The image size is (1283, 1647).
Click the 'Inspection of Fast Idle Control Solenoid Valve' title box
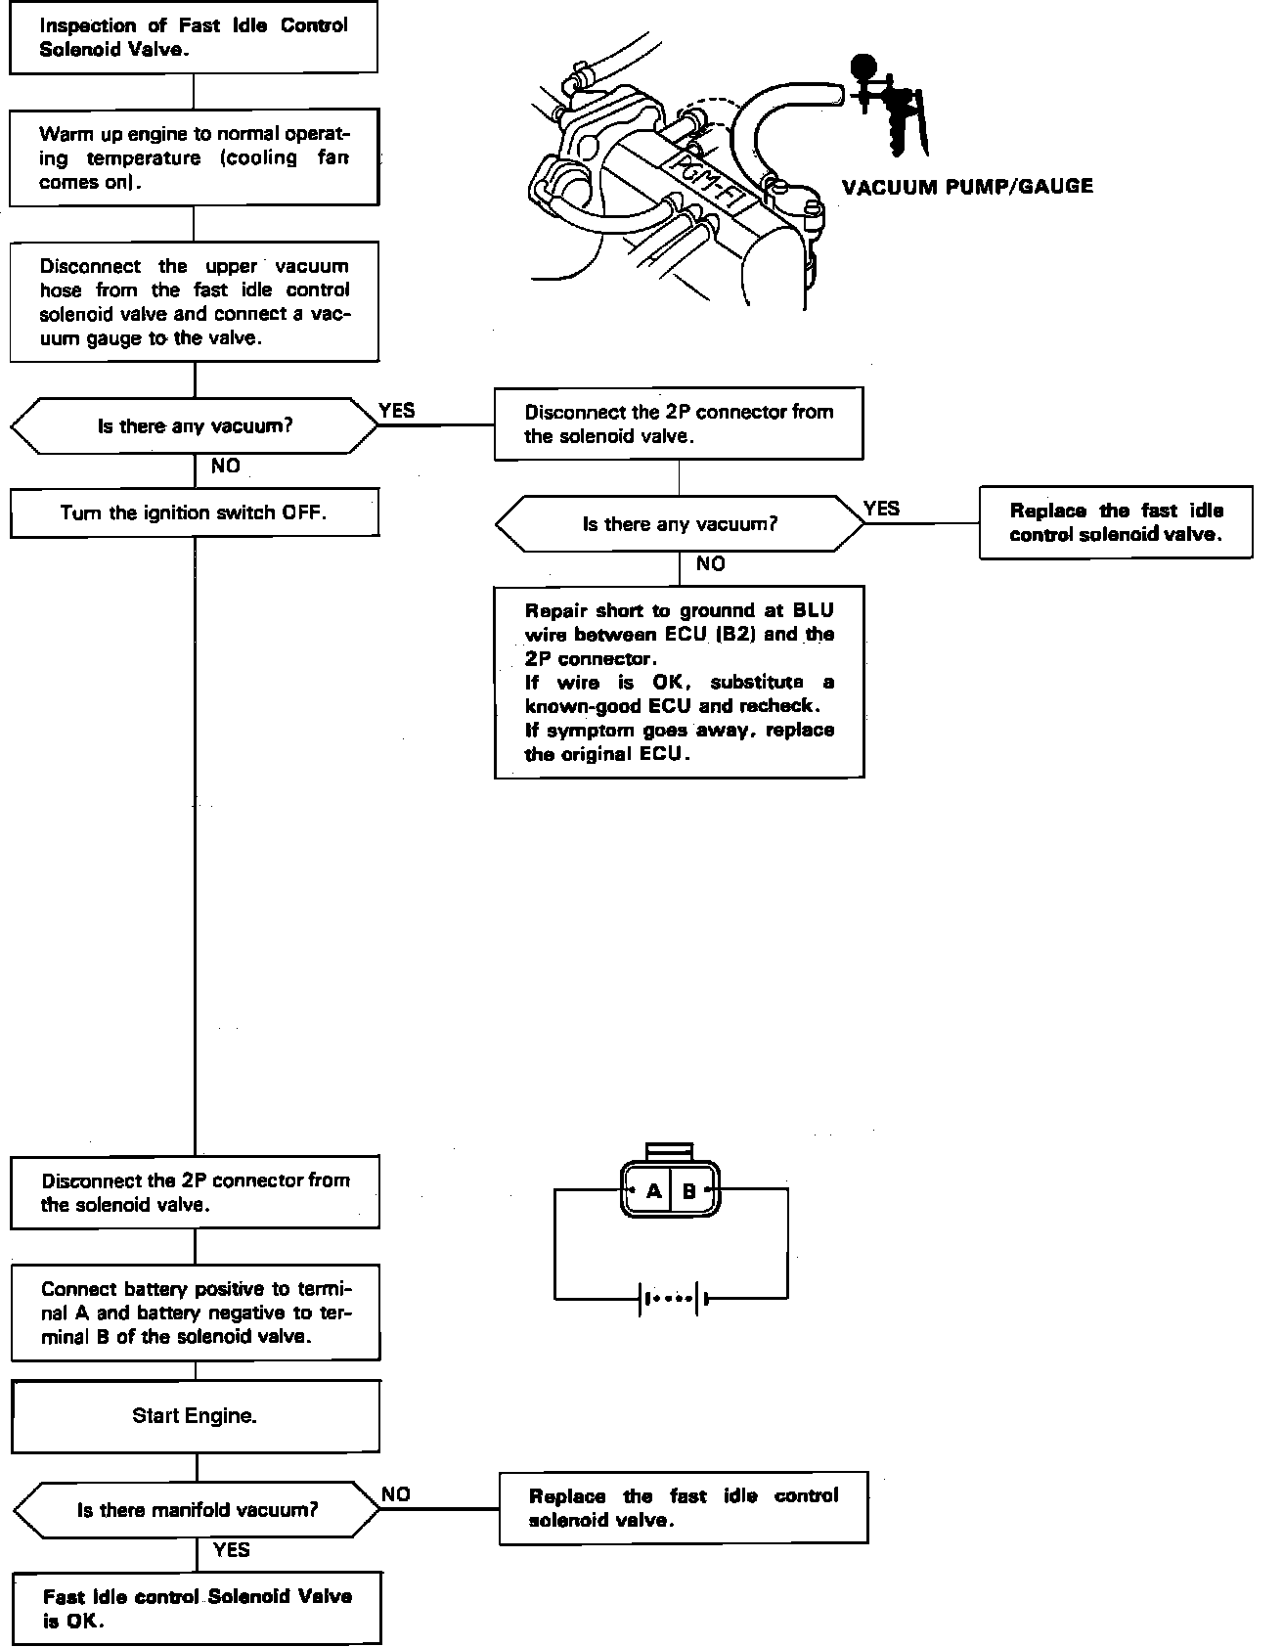coord(194,38)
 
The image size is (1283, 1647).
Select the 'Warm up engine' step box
coord(194,157)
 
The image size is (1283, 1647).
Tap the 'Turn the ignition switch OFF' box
coord(194,513)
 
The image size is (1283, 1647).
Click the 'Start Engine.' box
coord(195,1415)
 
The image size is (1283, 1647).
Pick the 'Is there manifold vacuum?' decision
coord(197,1510)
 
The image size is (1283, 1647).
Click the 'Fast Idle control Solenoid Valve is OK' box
coord(197,1608)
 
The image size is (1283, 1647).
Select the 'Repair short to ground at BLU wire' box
coord(679,682)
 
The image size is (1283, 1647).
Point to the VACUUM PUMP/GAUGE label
coord(966,187)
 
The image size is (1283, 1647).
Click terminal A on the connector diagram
coord(653,1191)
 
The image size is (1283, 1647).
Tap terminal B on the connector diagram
coord(688,1191)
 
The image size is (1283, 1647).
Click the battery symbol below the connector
coord(671,1300)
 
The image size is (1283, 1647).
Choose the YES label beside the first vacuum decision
coord(396,411)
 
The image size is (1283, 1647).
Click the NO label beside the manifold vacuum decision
coord(396,1494)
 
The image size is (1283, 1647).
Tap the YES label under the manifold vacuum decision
coord(232,1550)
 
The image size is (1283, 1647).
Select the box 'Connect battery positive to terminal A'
coord(195,1313)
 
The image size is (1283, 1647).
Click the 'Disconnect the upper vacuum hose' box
coord(194,302)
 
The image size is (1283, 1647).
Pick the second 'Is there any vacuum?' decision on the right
coord(680,524)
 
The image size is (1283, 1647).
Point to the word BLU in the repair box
coord(814,610)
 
